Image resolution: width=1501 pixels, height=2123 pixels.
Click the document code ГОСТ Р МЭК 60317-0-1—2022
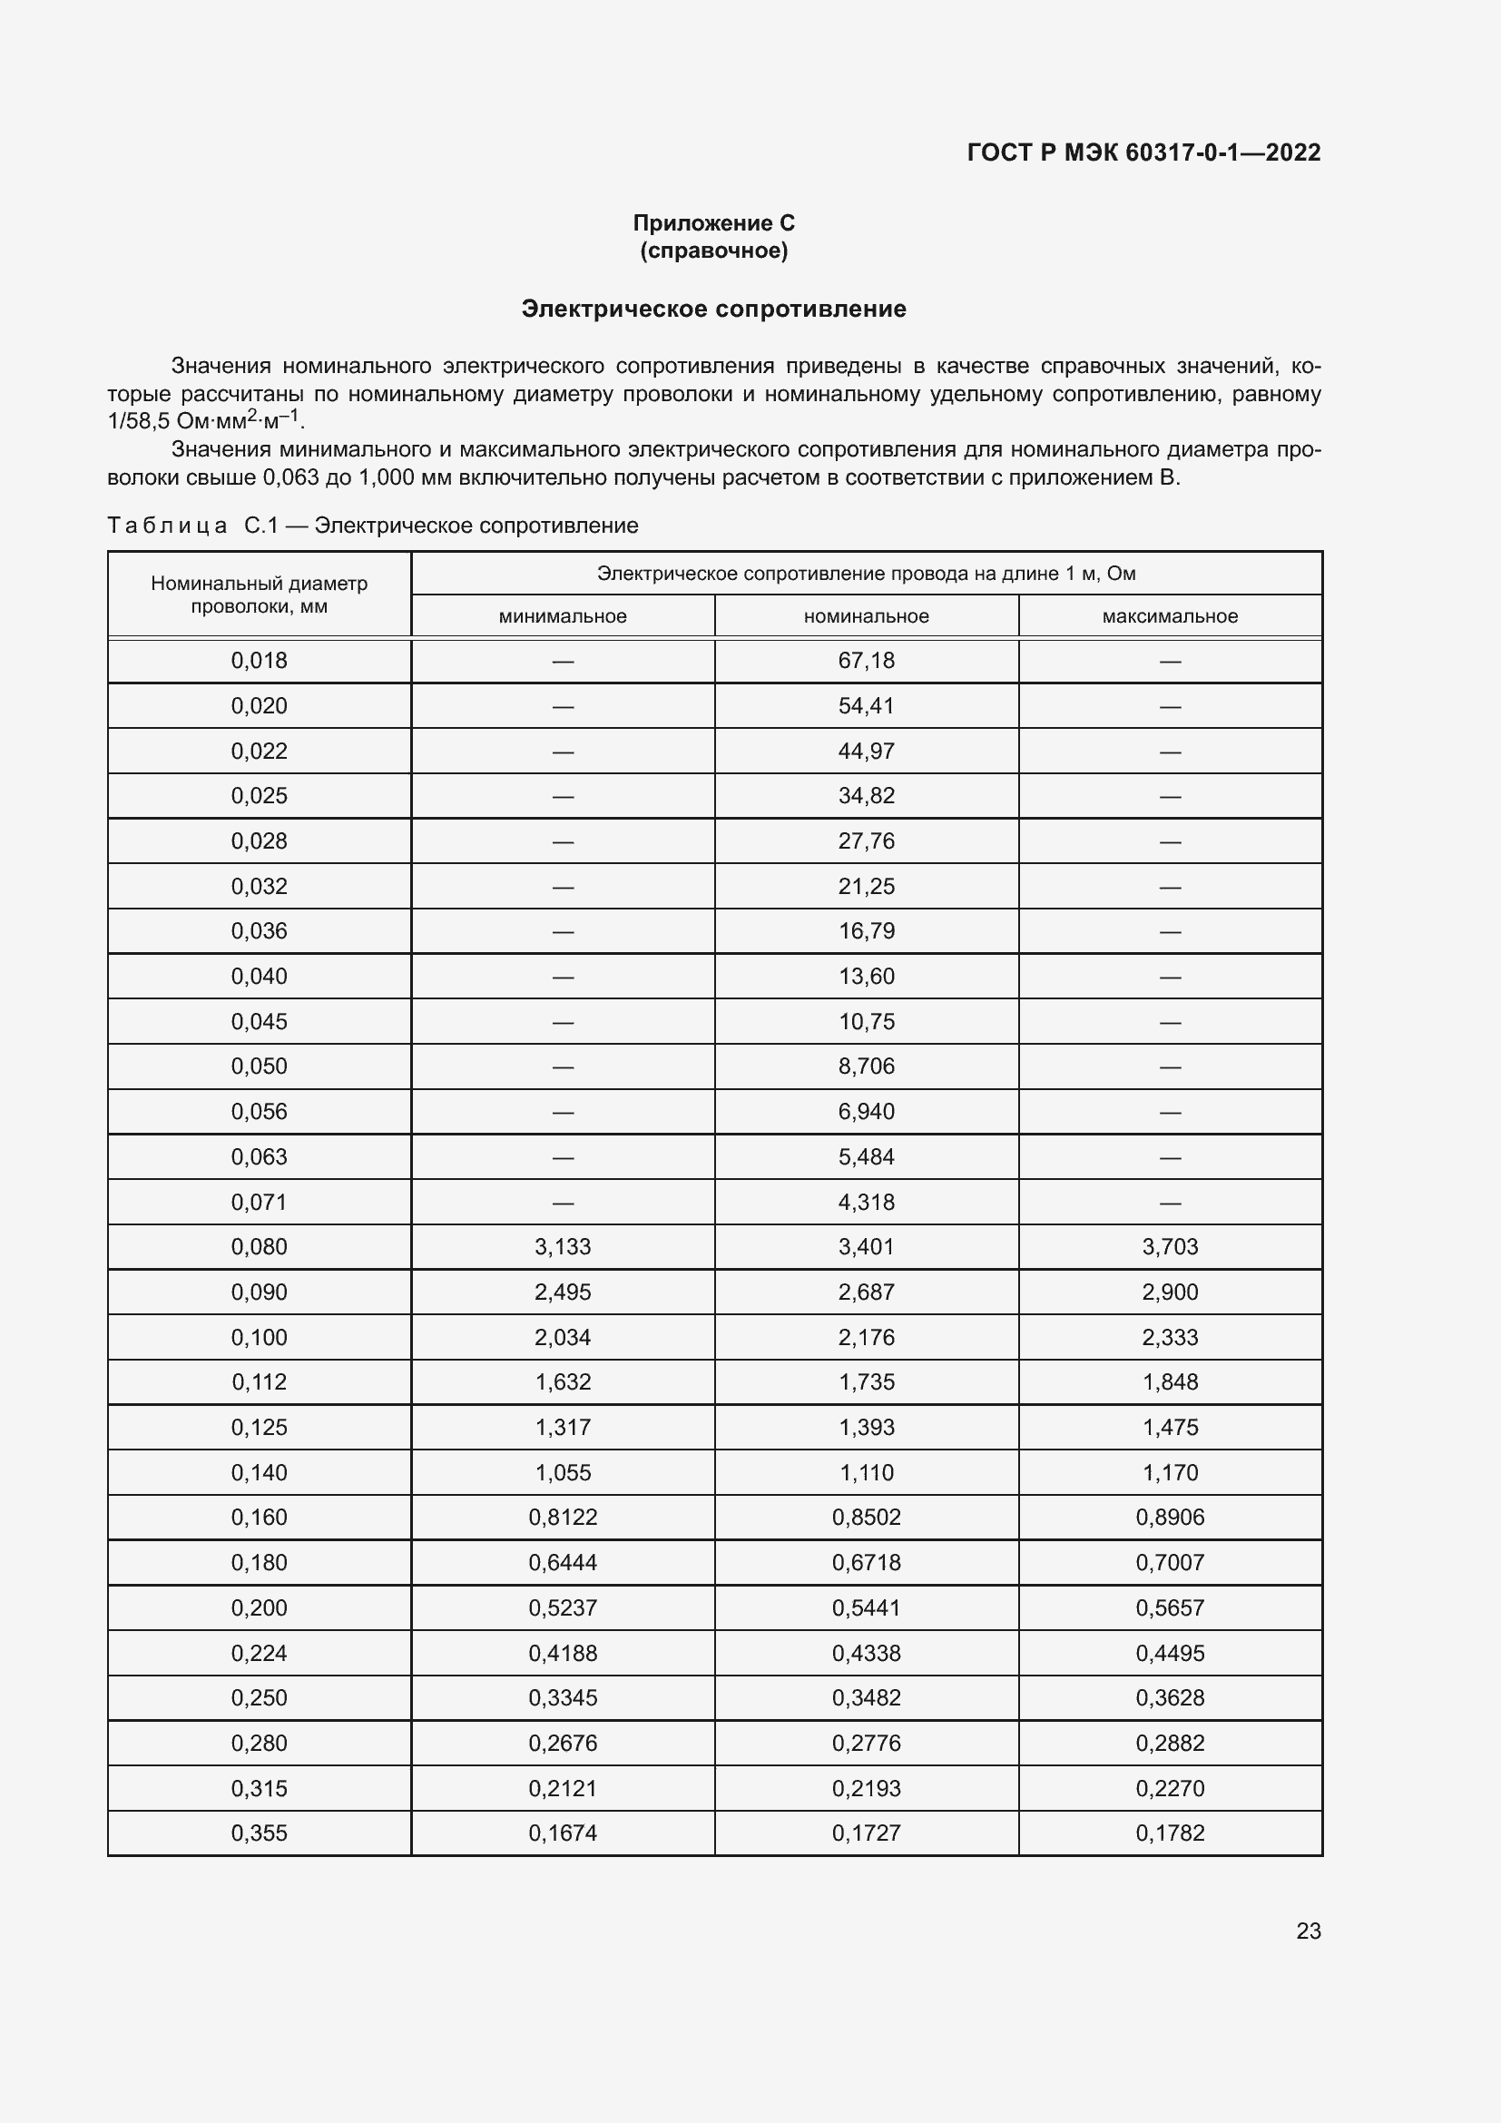[x=1143, y=152]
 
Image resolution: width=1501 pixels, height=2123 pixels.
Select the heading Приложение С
[x=713, y=223]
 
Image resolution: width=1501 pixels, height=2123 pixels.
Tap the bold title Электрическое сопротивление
[x=713, y=309]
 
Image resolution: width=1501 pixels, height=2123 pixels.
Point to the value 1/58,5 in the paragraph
[x=138, y=422]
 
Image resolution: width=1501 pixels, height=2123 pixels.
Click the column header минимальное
[x=562, y=615]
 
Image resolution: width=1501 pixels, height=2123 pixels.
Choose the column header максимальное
[x=1169, y=615]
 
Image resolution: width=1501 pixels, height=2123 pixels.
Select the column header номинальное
[x=866, y=615]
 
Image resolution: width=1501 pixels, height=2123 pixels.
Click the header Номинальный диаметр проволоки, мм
[x=259, y=595]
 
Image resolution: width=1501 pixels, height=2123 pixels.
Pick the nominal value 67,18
[x=866, y=660]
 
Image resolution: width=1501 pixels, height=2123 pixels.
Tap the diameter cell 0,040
[x=259, y=976]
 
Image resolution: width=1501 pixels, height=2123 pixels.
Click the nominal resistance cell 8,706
[x=866, y=1066]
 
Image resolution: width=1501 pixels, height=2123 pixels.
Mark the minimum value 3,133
[x=562, y=1246]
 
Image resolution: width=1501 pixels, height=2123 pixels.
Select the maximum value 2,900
[x=1169, y=1292]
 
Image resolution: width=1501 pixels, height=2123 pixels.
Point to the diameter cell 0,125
[x=259, y=1427]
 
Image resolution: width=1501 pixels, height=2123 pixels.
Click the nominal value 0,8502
[x=866, y=1517]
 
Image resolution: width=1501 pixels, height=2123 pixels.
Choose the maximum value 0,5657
[x=1169, y=1607]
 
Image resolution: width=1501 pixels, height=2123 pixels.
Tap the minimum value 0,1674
[x=562, y=1833]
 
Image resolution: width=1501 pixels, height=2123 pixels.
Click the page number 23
[x=1308, y=1931]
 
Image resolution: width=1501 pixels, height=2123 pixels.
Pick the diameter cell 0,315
[x=259, y=1788]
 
